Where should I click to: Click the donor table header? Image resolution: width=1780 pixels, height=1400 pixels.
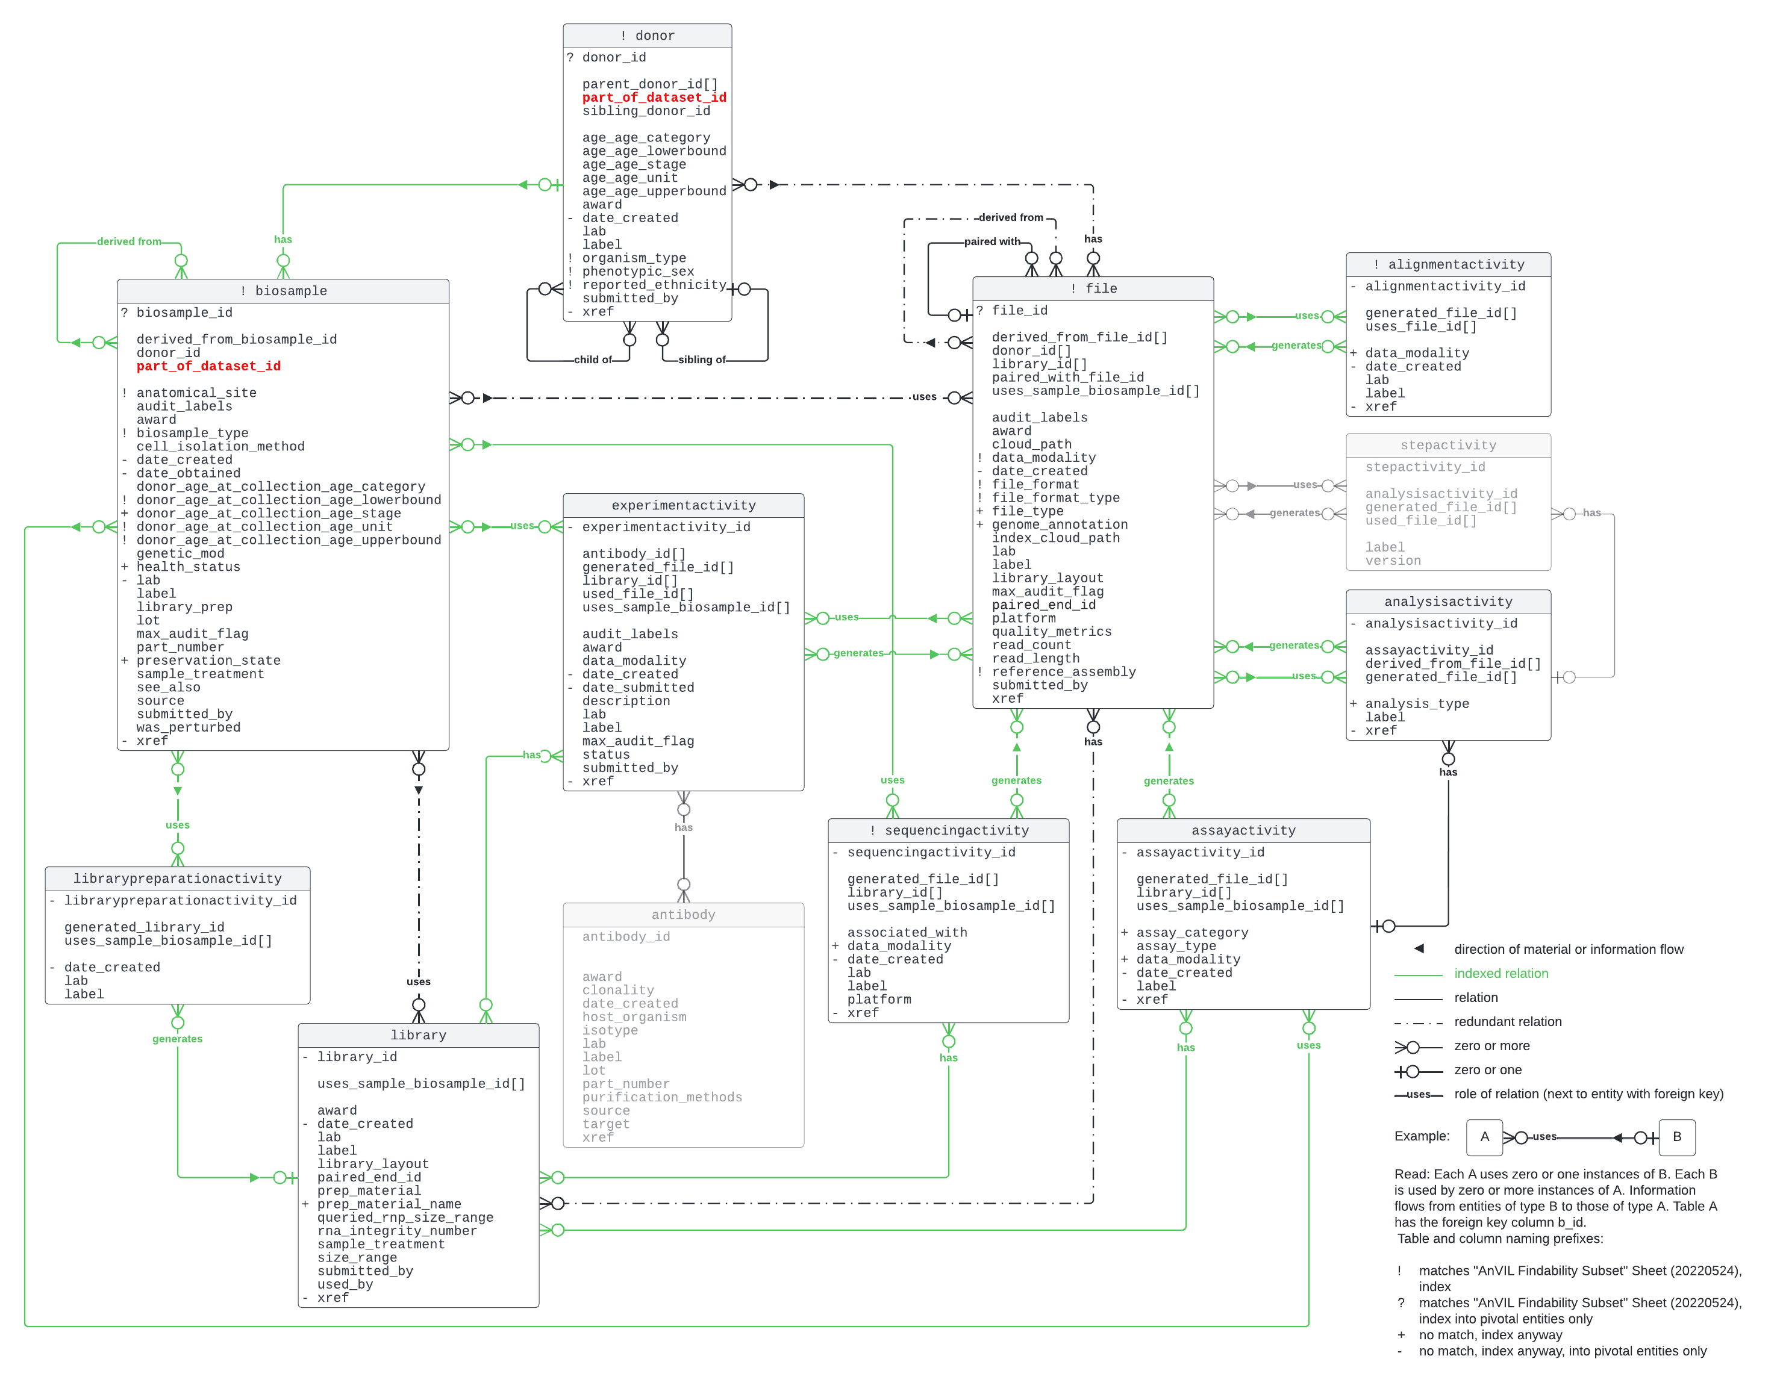647,36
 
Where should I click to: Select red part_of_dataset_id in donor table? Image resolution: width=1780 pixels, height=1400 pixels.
654,98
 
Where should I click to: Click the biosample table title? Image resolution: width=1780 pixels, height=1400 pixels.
283,291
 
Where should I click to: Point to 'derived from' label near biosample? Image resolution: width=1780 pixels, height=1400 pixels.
129,242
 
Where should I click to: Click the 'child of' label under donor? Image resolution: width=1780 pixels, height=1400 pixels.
592,360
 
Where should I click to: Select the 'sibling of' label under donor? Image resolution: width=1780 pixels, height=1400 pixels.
701,360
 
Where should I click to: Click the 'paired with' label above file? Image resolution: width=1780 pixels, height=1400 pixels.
991,242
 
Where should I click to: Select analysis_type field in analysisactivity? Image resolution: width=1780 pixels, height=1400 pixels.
1416,704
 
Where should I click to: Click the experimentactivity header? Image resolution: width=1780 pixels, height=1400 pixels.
683,506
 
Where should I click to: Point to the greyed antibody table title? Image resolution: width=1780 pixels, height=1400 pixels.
683,915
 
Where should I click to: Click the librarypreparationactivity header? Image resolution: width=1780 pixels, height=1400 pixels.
177,879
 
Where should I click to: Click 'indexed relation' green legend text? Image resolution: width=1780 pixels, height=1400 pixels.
1501,974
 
